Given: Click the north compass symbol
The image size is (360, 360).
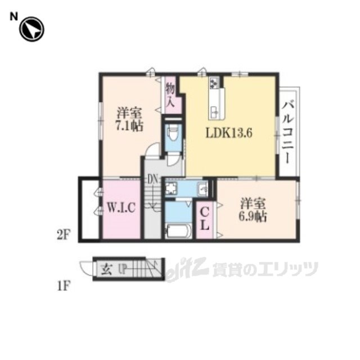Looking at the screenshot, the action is [x=31, y=29].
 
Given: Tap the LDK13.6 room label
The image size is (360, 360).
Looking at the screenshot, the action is [x=229, y=133].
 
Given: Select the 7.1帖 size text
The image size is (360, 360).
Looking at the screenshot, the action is [x=129, y=126].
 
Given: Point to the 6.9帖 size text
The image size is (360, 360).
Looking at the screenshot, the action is [x=253, y=217].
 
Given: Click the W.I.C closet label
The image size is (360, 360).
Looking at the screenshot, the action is [x=121, y=208].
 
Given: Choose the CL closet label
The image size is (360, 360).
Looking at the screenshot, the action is [x=205, y=220].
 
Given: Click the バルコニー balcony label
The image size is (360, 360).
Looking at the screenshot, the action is [x=288, y=133].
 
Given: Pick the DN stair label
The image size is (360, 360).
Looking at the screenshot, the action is [x=152, y=179].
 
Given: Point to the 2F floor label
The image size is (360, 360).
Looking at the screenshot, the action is [x=63, y=235].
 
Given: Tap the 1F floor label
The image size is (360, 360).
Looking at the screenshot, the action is [x=63, y=286].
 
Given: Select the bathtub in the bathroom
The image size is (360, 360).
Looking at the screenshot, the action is [x=178, y=231].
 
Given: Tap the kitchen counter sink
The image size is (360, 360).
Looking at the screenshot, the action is [x=215, y=112].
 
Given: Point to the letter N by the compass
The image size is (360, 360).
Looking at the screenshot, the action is [x=13, y=17].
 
